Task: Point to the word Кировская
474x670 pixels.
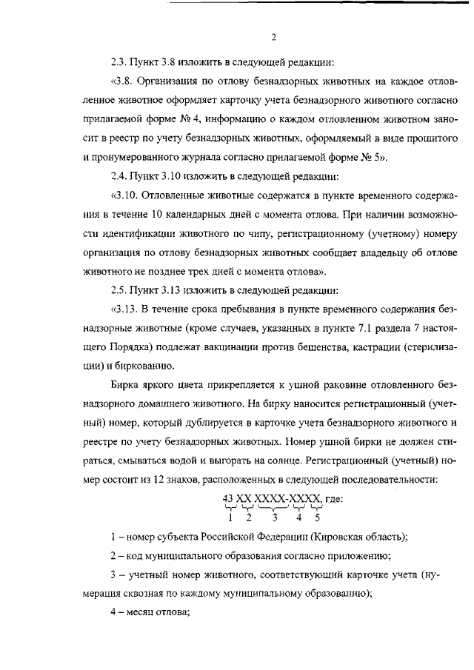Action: (330, 537)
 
